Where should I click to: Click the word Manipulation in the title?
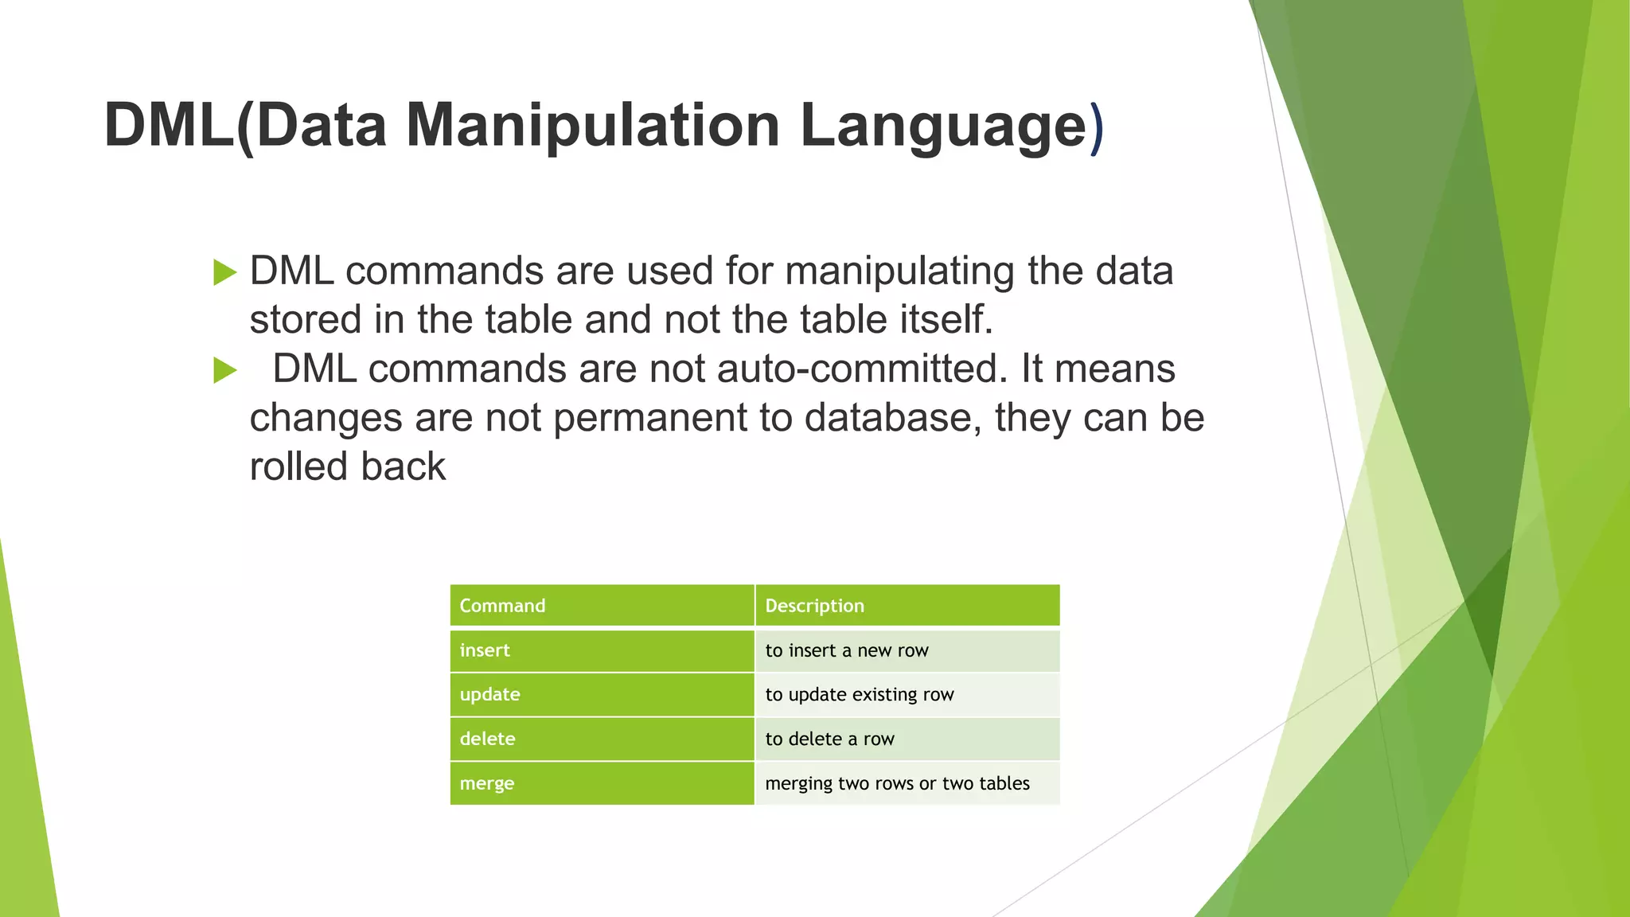[593, 125]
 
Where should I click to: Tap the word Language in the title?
[942, 125]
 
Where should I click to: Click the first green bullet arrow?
[225, 273]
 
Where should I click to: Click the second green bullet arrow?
[225, 371]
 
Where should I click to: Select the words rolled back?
[347, 466]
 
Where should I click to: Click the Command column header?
[502, 606]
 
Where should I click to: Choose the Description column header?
[814, 606]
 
